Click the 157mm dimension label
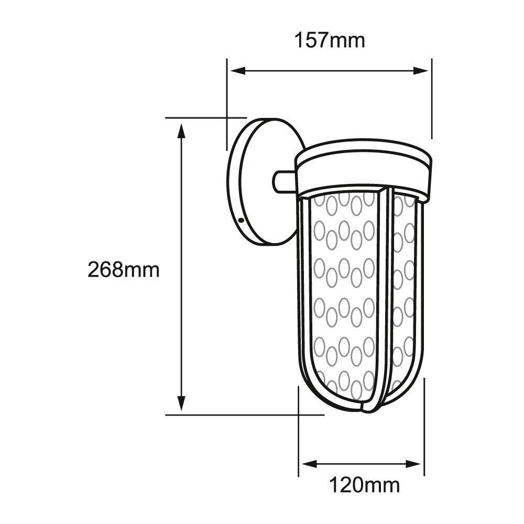click(x=329, y=40)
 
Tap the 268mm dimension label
click(x=124, y=270)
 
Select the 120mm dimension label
click(x=364, y=486)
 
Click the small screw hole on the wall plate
click(x=241, y=221)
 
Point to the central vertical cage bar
click(x=381, y=293)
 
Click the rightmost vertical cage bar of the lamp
click(x=419, y=293)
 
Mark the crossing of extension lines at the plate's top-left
click(x=226, y=118)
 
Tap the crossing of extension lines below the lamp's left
click(x=298, y=414)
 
